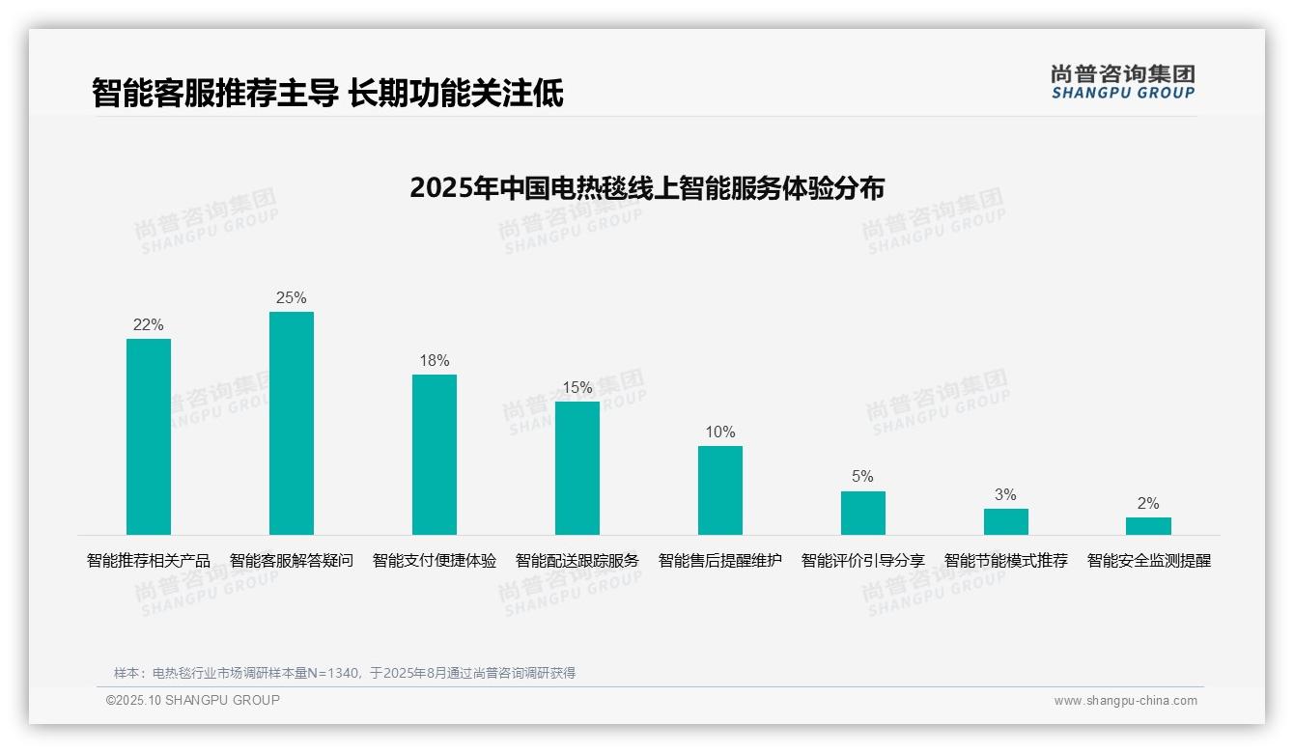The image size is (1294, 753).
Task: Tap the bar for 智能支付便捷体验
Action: pos(435,455)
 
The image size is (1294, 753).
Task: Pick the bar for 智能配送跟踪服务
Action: pos(577,468)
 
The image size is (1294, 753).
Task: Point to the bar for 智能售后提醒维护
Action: pos(720,490)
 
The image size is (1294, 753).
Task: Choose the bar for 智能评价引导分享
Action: pos(863,513)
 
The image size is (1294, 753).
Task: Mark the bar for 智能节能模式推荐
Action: pos(1006,521)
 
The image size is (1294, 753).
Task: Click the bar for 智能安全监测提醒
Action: pos(1148,526)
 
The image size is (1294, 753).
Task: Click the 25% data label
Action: pos(292,298)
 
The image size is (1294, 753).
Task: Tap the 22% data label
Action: pos(149,325)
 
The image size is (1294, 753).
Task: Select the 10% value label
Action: pos(720,432)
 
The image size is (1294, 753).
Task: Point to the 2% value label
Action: pos(1148,504)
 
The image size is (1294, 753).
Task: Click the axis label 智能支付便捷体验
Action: pos(435,561)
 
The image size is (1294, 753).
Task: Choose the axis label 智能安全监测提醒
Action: pos(1149,561)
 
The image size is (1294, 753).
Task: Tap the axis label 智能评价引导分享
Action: pos(863,561)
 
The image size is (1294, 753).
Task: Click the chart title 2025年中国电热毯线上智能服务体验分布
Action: pos(647,187)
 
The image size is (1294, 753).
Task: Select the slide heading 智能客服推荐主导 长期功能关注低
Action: pos(327,94)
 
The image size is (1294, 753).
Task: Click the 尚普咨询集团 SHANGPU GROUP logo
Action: pos(1123,82)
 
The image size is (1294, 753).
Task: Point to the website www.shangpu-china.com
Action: pos(1125,701)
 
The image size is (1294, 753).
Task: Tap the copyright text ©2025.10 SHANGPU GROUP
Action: pos(193,700)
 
